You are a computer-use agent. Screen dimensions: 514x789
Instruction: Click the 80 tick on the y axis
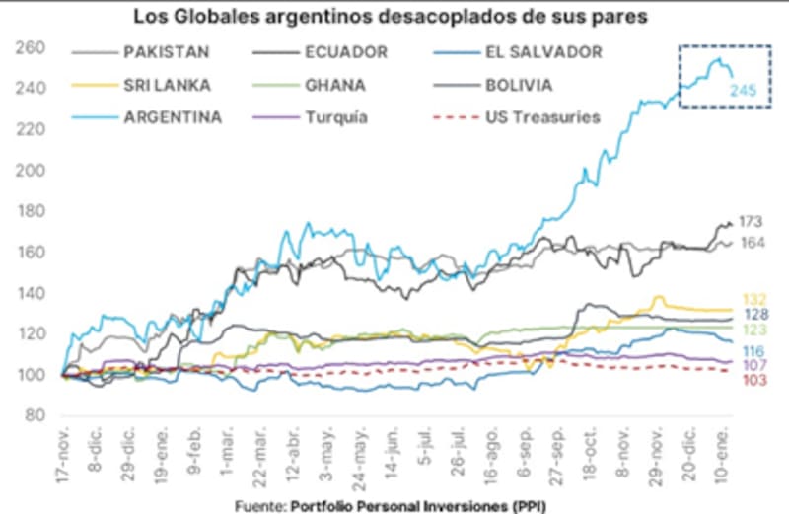(36, 415)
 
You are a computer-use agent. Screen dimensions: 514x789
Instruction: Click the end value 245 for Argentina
(743, 92)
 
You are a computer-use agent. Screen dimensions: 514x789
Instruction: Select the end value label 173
(752, 223)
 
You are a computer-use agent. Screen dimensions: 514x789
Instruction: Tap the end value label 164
(752, 243)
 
